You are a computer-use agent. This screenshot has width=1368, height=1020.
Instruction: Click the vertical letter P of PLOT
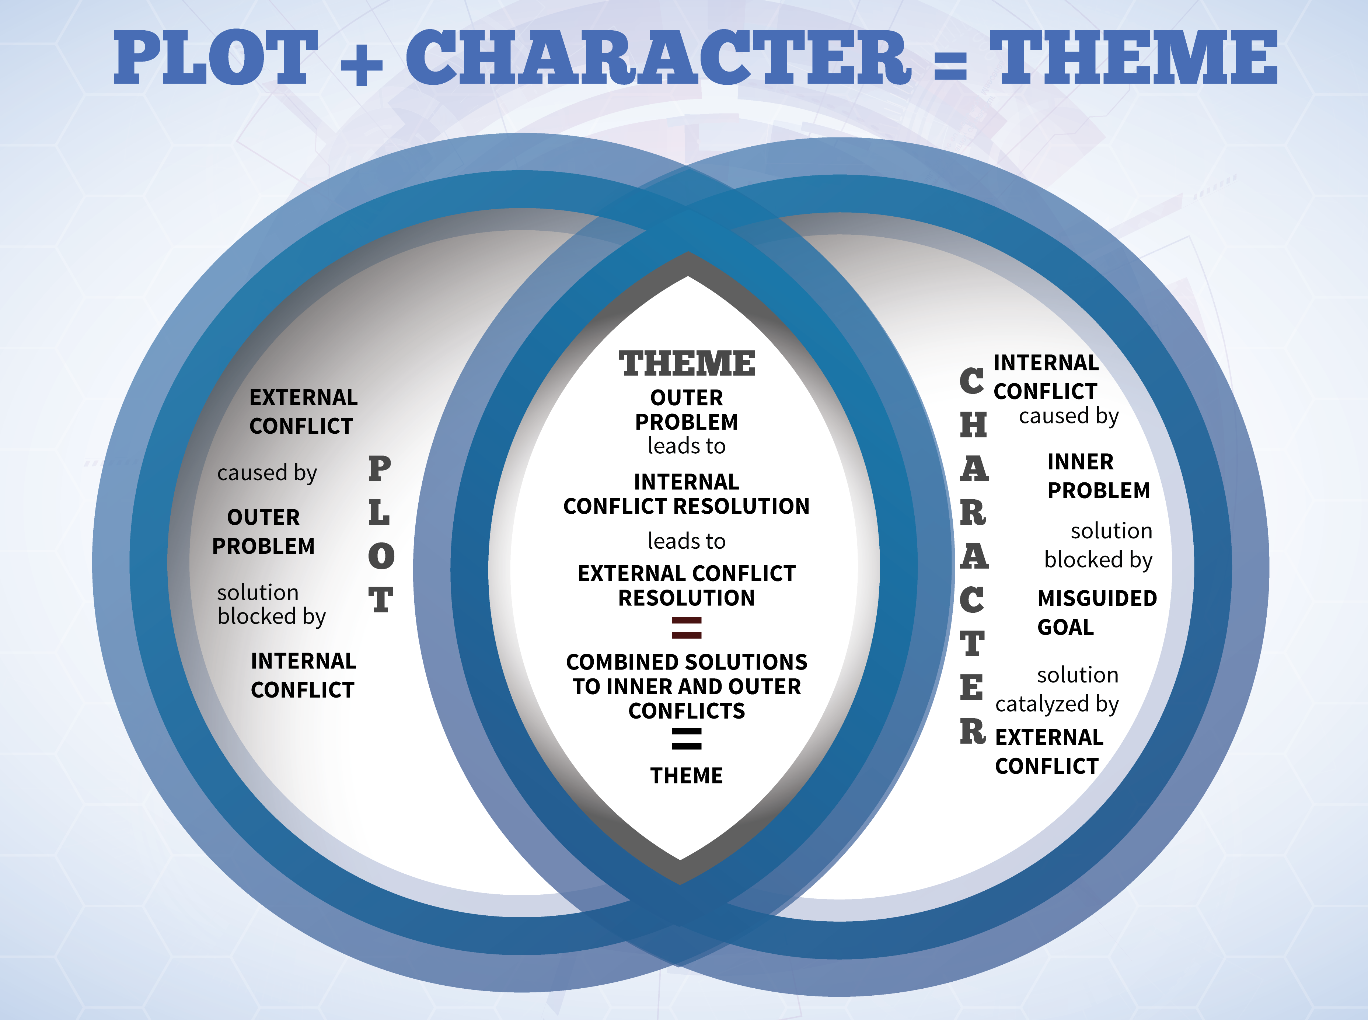(380, 469)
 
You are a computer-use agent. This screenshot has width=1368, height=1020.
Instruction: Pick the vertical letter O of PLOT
(381, 556)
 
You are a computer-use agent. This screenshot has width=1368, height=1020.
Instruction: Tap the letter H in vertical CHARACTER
(974, 425)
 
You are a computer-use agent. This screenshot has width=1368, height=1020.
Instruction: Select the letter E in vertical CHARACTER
(972, 687)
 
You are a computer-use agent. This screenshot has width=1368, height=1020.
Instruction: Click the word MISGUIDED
(1097, 598)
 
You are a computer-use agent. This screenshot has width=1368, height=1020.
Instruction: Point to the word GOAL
(1065, 627)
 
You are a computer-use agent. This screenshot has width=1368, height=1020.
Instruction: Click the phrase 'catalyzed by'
(1057, 704)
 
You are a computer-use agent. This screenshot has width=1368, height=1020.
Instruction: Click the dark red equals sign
(687, 627)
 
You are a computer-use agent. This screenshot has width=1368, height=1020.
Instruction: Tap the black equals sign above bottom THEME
(687, 738)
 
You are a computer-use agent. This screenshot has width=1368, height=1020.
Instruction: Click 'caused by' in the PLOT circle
(267, 473)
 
